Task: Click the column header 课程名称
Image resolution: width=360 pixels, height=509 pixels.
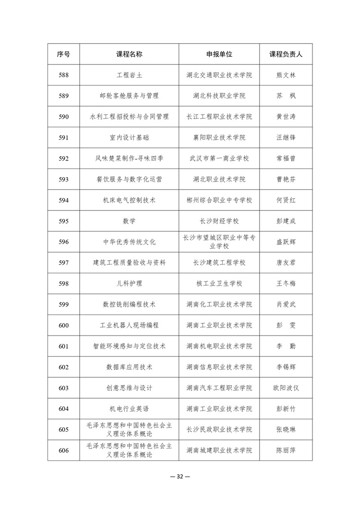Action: coord(129,54)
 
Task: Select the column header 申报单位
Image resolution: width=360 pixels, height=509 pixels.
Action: coord(219,54)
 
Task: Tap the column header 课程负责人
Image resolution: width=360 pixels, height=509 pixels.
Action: coord(286,54)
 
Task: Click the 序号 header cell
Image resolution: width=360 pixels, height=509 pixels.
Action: coord(63,54)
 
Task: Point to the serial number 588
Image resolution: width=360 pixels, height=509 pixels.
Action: coord(63,75)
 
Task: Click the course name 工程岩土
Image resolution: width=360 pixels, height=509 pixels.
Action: coord(129,75)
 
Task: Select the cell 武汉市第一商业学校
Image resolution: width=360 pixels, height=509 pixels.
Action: coord(219,158)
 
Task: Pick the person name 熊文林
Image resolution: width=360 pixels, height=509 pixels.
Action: coord(286,75)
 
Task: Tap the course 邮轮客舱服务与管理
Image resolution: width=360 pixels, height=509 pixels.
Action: coord(129,96)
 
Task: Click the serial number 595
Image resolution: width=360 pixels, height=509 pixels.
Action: coord(63,221)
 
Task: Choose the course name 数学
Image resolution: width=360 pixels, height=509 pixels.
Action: coord(129,221)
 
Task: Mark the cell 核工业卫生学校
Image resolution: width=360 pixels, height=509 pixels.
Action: coord(219,283)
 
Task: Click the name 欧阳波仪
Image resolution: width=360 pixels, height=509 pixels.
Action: coord(286,388)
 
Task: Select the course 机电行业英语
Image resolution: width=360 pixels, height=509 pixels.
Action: coord(129,409)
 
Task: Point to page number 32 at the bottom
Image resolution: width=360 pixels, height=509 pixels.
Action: coord(180,476)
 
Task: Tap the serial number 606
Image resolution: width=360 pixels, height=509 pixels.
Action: coord(63,450)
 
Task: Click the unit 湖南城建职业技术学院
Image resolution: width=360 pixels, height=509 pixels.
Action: coord(219,450)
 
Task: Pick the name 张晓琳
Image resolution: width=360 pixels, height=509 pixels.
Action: coord(286,430)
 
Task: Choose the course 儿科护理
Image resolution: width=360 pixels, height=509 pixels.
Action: coord(129,283)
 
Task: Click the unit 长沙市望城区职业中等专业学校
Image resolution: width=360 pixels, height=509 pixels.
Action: coord(219,242)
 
